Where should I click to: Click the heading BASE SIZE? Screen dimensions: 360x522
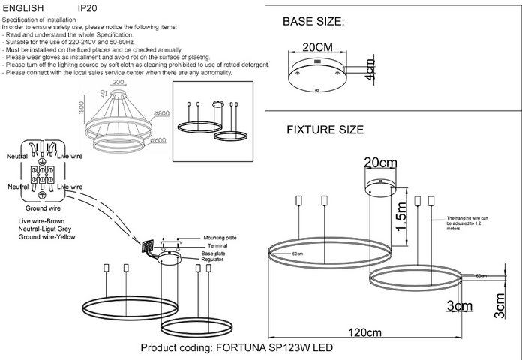313,22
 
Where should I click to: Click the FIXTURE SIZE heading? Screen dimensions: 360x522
325,130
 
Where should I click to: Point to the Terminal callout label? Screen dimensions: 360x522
217,245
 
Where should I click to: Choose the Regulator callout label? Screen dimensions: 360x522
214,259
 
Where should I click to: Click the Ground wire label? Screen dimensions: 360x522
43,208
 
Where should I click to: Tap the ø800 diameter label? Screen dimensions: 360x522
161,113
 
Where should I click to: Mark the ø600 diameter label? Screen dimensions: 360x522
158,140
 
